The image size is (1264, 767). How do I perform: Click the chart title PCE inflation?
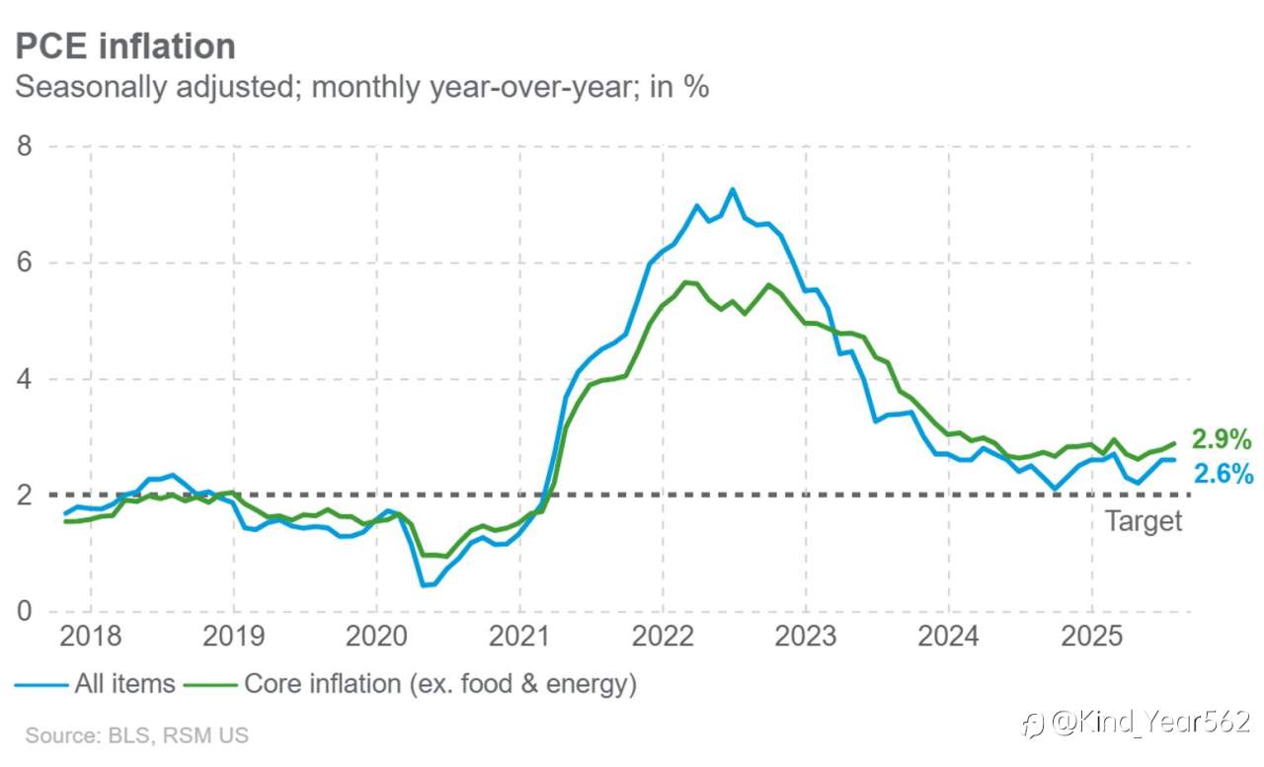coord(125,45)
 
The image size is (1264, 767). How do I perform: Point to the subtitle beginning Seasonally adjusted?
coord(361,88)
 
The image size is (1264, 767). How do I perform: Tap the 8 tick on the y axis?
coord(25,146)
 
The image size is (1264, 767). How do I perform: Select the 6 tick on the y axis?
coord(25,263)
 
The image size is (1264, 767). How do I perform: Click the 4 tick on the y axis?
coord(25,379)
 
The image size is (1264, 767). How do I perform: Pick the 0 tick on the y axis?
coord(25,611)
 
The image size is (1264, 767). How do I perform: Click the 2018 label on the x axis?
coord(90,636)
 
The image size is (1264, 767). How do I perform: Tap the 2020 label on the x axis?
coord(376,636)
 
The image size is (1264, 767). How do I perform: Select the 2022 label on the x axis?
coord(663,636)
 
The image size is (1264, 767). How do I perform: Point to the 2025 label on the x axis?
coord(1092,636)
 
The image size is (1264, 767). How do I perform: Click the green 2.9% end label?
coord(1222,439)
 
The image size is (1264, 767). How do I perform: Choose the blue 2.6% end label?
coord(1224,474)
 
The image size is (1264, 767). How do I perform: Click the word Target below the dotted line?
coord(1144,521)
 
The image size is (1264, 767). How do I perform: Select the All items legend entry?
coord(95,684)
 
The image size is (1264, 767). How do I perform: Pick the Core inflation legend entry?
coord(410,684)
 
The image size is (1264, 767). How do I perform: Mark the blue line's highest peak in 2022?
coord(733,190)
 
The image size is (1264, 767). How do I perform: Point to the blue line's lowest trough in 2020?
coord(424,585)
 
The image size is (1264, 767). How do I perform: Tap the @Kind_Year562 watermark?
coord(1136,723)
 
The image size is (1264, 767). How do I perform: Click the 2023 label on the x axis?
coord(805,636)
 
